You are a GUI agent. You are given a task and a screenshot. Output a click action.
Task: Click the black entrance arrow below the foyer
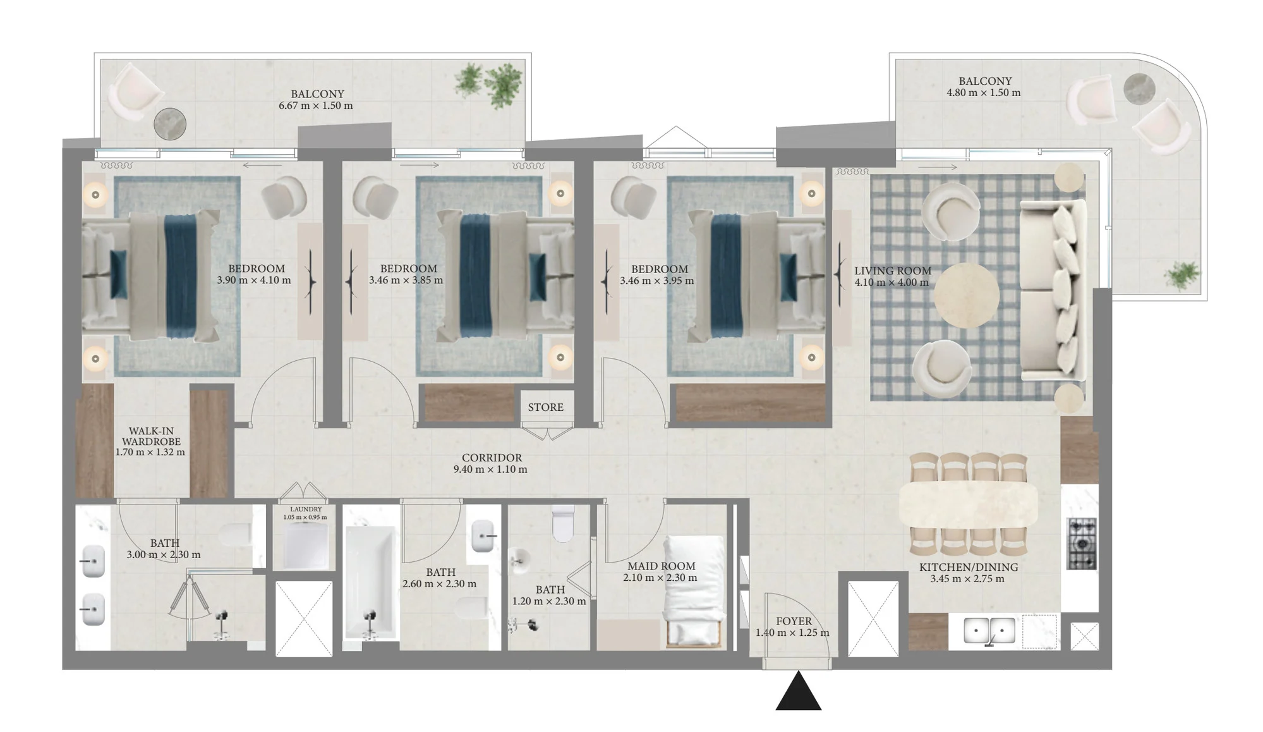(x=799, y=692)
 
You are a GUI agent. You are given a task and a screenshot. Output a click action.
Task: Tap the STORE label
(x=546, y=407)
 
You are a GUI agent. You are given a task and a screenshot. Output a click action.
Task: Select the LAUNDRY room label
(x=306, y=509)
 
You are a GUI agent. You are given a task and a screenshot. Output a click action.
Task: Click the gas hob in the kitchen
(x=1081, y=544)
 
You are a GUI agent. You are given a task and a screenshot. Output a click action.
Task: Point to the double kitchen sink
(x=989, y=631)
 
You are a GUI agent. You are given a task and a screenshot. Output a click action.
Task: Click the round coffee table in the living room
(x=966, y=295)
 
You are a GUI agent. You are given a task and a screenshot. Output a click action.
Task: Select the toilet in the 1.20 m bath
(x=564, y=523)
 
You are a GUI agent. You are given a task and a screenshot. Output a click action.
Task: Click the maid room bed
(x=694, y=591)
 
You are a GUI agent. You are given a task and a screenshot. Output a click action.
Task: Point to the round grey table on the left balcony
(x=170, y=124)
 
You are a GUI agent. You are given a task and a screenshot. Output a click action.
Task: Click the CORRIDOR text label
(x=492, y=458)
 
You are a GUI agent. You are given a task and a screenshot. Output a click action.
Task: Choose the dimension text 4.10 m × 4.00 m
(x=891, y=283)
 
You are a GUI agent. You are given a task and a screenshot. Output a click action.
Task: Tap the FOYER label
(x=794, y=621)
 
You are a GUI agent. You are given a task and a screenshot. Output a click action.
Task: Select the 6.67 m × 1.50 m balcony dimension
(x=316, y=106)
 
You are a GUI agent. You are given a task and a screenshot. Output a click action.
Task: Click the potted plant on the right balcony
(x=1181, y=276)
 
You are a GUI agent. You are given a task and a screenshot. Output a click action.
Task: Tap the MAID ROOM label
(x=661, y=566)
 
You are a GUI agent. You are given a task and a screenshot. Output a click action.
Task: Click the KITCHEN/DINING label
(x=968, y=567)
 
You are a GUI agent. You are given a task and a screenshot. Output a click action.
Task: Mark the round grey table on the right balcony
(x=1139, y=88)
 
